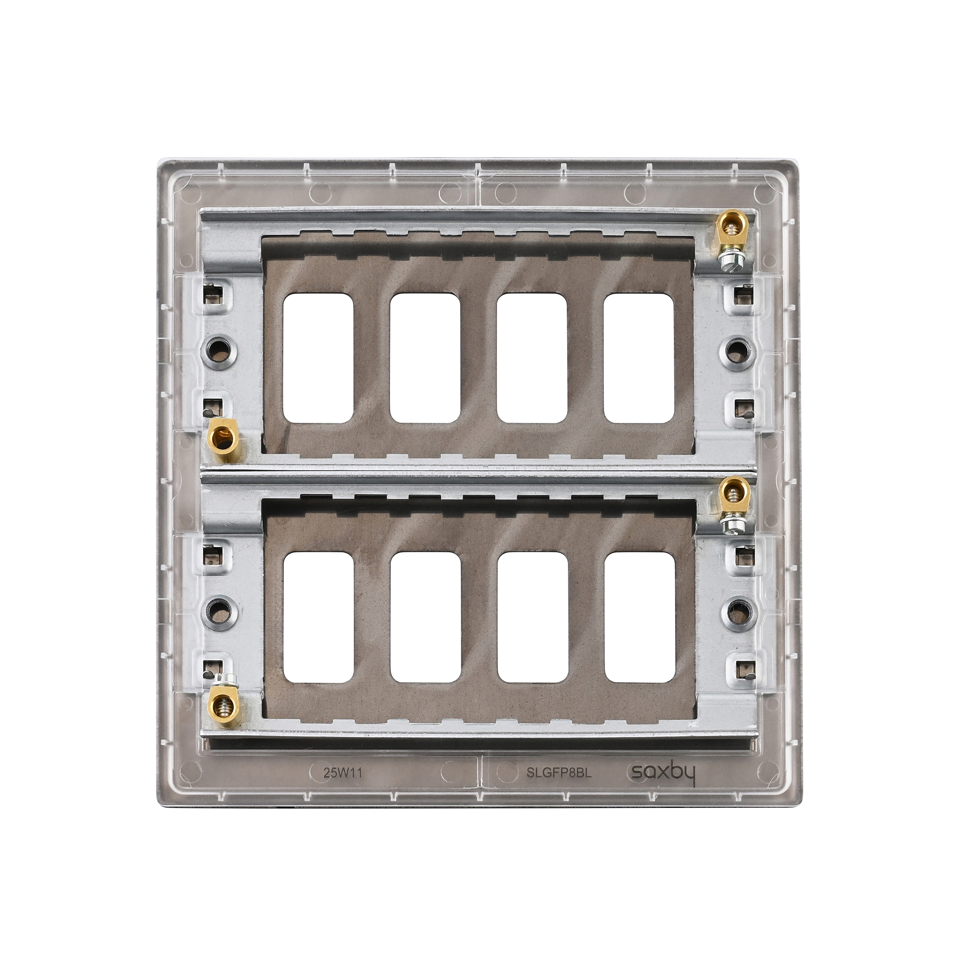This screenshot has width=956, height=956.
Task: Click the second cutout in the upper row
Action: tap(425, 358)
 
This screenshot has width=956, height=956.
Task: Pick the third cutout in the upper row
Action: tap(532, 358)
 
